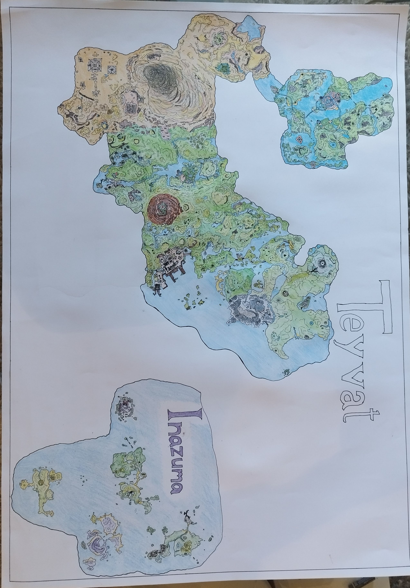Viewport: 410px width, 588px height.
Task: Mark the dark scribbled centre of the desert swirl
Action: click(156, 74)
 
